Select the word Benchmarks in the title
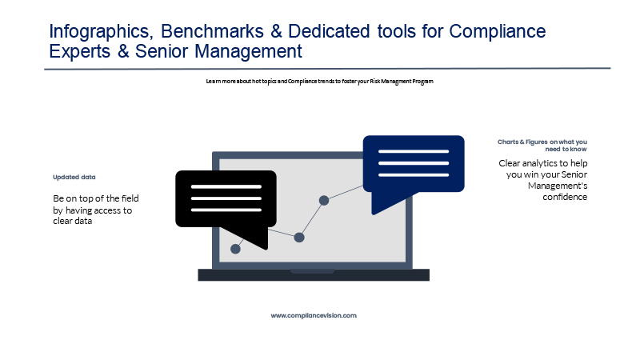click(212, 31)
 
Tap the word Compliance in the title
click(497, 32)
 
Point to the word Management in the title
click(248, 52)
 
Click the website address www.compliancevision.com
click(314, 315)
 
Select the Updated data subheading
click(74, 177)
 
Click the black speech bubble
click(226, 198)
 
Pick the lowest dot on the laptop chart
click(235, 249)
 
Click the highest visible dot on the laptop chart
click(324, 201)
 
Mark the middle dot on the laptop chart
click(299, 237)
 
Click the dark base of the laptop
click(314, 275)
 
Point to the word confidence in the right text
click(565, 197)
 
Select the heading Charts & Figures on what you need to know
click(542, 146)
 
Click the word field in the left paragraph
click(130, 198)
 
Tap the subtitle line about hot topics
click(319, 82)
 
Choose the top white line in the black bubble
click(226, 187)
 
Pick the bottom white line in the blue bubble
click(414, 175)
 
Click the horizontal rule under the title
click(327, 69)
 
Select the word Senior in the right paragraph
click(574, 174)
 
